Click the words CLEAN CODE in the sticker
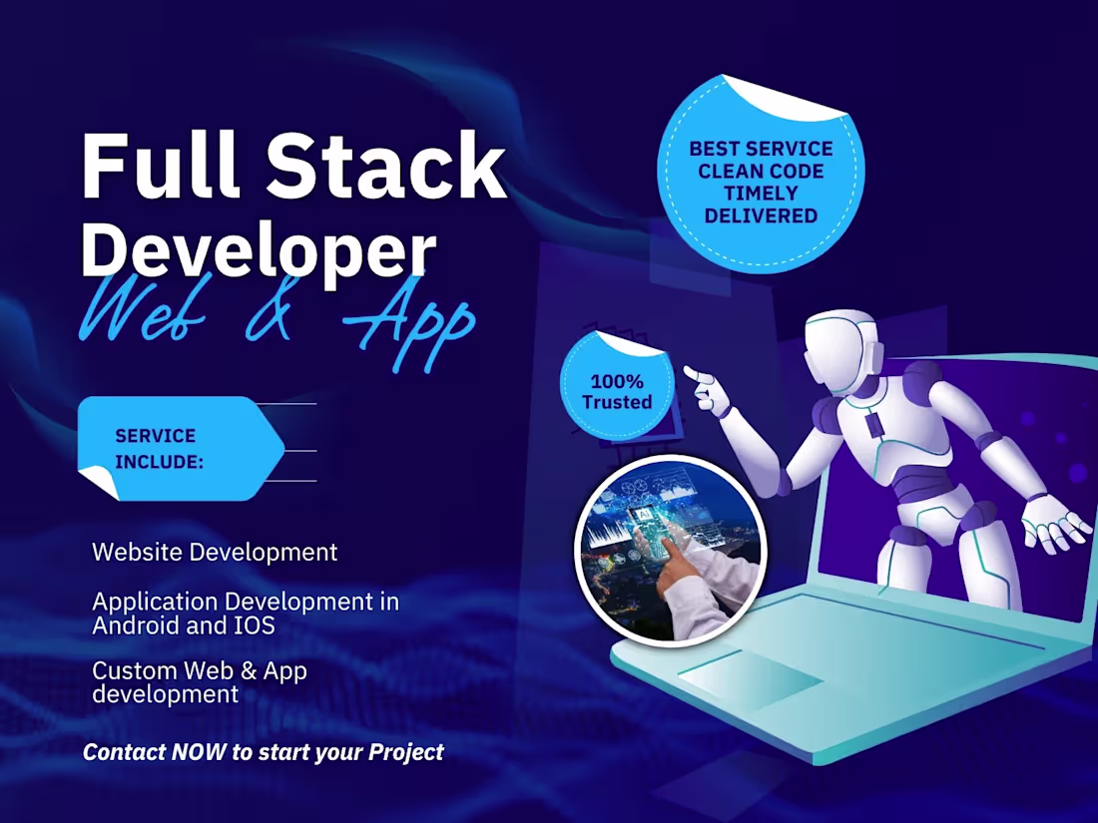click(x=761, y=171)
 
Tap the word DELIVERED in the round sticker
click(x=761, y=214)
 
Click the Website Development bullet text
click(x=215, y=552)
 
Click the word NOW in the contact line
click(x=199, y=751)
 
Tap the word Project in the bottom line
click(x=406, y=751)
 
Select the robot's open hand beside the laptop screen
click(x=1056, y=524)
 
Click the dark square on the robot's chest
click(x=874, y=424)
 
